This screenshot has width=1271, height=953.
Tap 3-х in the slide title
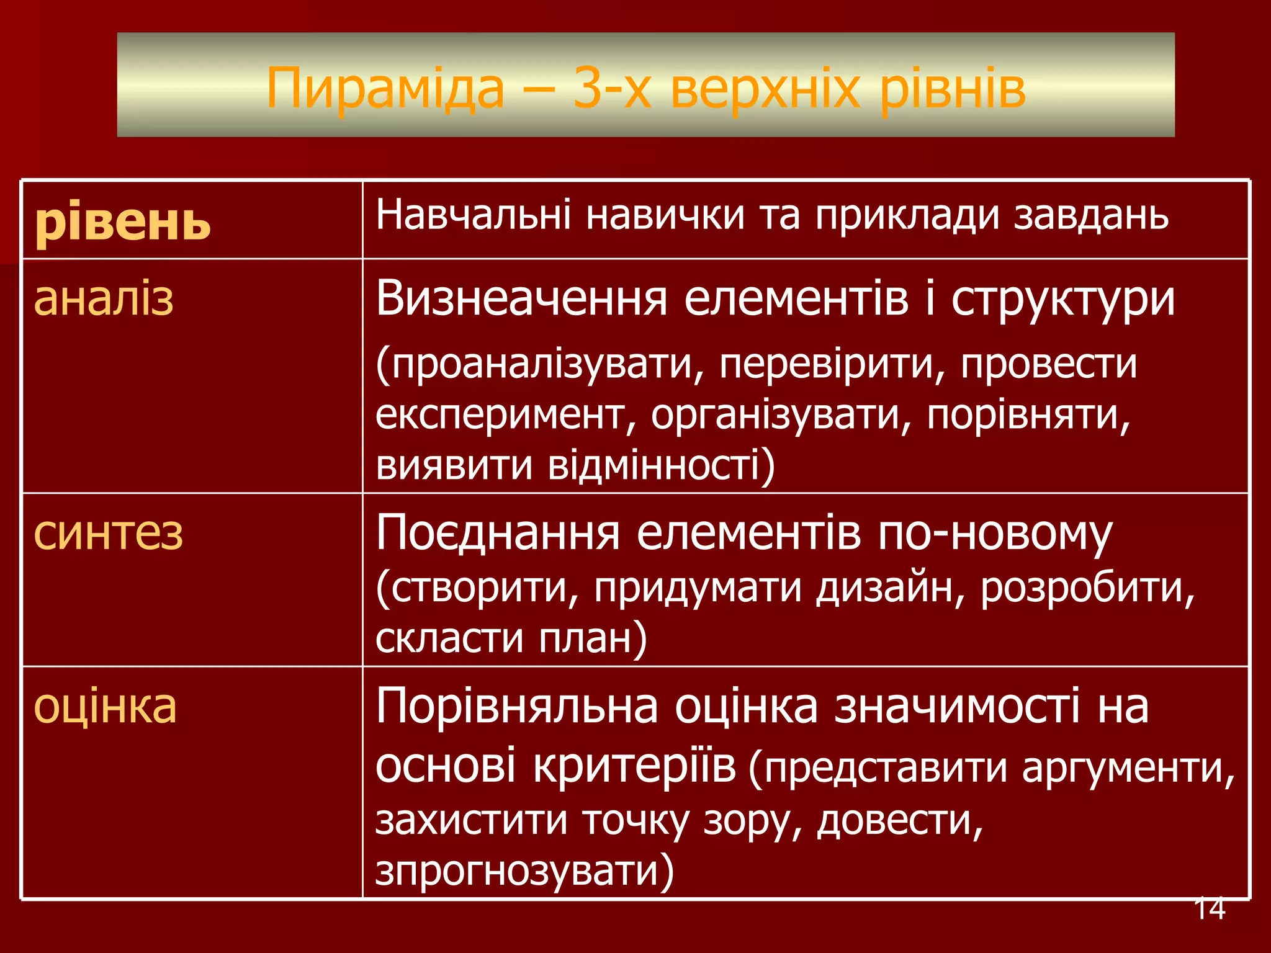(612, 89)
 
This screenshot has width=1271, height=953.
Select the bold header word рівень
(123, 222)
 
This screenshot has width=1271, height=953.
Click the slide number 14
(1209, 908)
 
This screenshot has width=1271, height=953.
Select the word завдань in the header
(1091, 215)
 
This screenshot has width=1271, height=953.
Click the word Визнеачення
(521, 298)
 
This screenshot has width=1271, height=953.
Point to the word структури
(1063, 300)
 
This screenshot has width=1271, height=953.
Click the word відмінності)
(662, 465)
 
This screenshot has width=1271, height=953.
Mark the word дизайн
(890, 588)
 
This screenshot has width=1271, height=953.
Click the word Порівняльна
(516, 706)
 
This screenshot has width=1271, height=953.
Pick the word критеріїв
(634, 766)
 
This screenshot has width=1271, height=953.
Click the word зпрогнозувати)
(524, 870)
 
